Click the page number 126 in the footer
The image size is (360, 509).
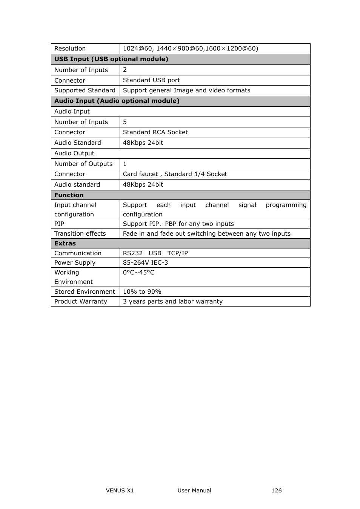point(276,491)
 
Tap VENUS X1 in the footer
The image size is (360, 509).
point(120,491)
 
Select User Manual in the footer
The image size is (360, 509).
point(194,491)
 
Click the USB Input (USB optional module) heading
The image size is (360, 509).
point(111,59)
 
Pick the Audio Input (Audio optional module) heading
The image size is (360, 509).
point(117,101)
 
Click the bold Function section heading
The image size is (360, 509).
point(69,195)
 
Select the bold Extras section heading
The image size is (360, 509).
point(65,244)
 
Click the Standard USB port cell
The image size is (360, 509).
point(151,80)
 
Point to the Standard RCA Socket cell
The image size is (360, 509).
point(155,132)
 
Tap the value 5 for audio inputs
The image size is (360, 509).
point(125,122)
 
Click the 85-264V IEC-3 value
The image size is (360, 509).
point(145,263)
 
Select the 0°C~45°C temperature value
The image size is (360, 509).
point(138,273)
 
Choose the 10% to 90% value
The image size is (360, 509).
point(142,292)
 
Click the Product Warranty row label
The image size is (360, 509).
point(80,302)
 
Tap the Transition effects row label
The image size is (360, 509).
point(80,234)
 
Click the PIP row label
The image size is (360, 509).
point(59,224)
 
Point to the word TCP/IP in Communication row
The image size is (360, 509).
point(177,253)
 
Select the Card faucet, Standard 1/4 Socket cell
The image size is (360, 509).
point(175,174)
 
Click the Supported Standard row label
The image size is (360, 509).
point(85,90)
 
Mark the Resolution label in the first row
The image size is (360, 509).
point(70,49)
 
